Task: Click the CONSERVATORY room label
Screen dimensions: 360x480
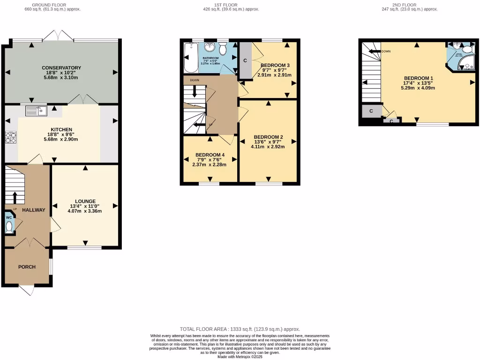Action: click(61, 68)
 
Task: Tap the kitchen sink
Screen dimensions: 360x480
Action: click(36, 111)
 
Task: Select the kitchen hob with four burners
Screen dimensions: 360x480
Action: click(10, 137)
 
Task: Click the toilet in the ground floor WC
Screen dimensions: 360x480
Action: click(9, 227)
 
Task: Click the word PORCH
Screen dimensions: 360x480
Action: click(27, 267)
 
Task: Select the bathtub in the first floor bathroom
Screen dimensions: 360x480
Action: click(191, 58)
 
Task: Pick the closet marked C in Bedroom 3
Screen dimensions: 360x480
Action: click(245, 60)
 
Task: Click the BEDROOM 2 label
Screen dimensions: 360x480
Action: click(268, 137)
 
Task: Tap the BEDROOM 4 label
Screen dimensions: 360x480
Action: click(210, 155)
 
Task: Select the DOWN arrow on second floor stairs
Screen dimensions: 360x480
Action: click(375, 52)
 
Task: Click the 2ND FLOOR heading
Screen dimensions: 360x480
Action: click(410, 5)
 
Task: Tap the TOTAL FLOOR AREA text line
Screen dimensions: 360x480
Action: click(240, 330)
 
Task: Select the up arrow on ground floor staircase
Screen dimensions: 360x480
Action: click(15, 196)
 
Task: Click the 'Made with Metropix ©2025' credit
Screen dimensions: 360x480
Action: click(240, 357)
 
